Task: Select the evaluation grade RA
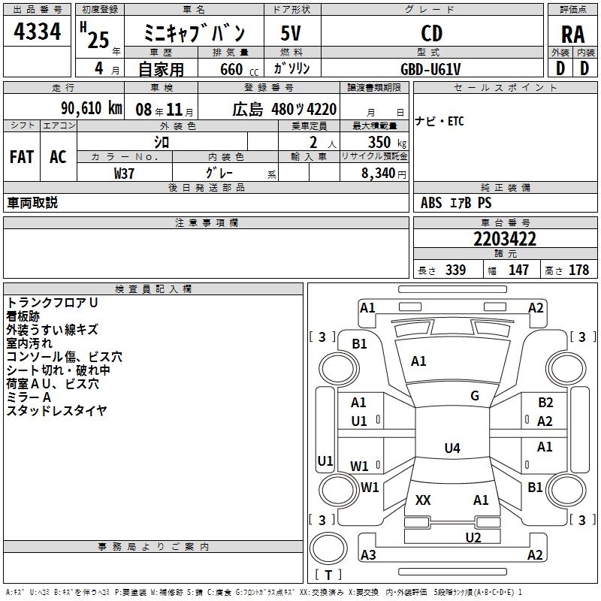point(572,35)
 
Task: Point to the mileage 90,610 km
point(91,109)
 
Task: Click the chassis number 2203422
point(505,240)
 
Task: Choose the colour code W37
point(124,173)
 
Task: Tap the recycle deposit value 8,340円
point(384,173)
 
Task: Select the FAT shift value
point(21,156)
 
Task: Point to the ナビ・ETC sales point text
point(439,122)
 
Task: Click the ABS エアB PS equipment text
point(456,203)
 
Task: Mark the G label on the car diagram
point(475,396)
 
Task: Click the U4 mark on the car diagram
point(452,448)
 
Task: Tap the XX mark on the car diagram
point(423,500)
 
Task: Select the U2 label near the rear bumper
point(473,537)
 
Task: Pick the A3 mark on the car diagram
point(368,555)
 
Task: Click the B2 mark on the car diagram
point(545,403)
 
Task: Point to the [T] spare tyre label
point(328,575)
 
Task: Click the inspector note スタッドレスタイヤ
point(56,411)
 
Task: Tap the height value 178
point(578,270)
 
